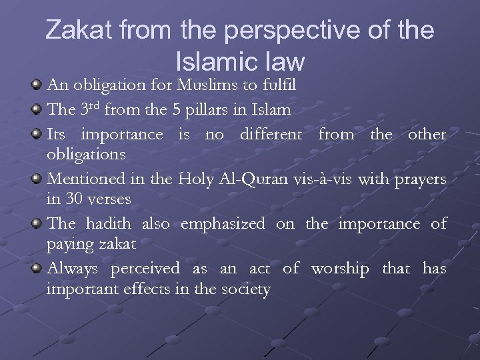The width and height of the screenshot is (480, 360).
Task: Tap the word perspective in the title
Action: [x=283, y=31]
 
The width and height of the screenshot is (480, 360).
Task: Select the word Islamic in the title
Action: [x=214, y=61]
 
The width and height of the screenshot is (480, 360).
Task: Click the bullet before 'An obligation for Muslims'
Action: [x=37, y=85]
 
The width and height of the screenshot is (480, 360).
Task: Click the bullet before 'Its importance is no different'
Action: [x=37, y=133]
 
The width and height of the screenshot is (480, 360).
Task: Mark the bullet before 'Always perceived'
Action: [x=37, y=267]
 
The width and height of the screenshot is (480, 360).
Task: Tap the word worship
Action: [x=339, y=269]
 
